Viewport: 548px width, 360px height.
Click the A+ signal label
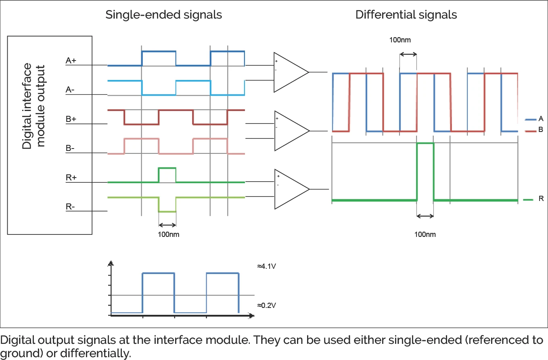click(71, 61)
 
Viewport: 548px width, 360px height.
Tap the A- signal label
click(71, 90)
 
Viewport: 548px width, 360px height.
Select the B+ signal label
click(71, 119)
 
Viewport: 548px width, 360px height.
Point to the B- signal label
click(71, 149)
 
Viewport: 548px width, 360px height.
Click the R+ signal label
click(71, 178)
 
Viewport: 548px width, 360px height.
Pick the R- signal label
click(71, 207)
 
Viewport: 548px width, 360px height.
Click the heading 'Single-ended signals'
click(163, 15)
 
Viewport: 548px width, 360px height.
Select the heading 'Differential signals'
click(406, 15)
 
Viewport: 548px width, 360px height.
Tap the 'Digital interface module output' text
click(33, 106)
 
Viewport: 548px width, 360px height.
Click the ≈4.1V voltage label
click(266, 267)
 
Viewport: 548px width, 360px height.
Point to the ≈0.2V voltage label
click(266, 305)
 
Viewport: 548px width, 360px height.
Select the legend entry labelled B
click(540, 130)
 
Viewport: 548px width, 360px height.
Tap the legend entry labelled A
click(540, 119)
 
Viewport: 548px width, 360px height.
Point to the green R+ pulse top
click(167, 168)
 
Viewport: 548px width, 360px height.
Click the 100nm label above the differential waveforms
click(400, 40)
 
